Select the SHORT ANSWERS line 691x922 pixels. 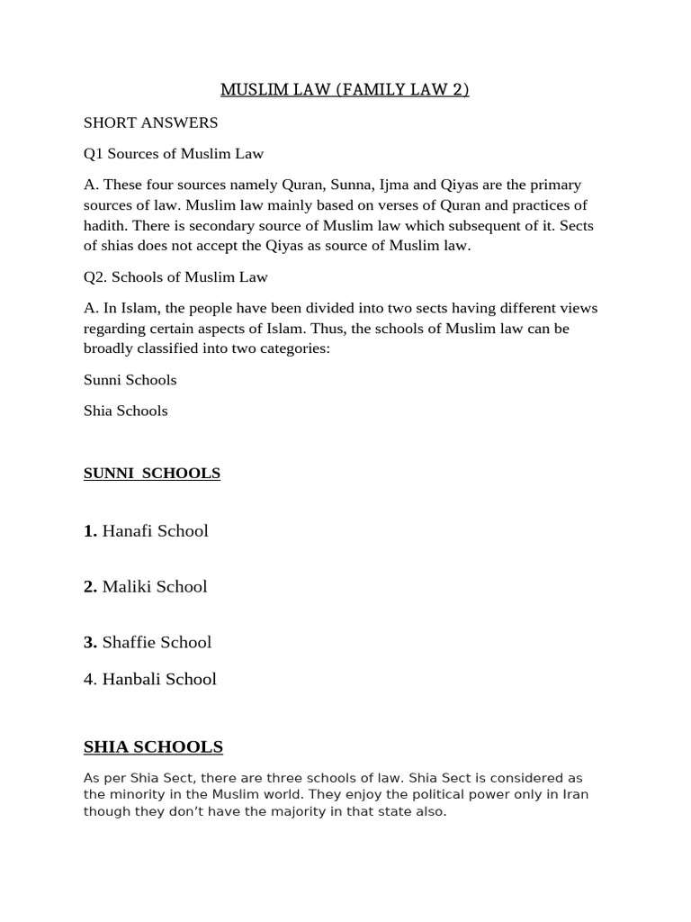(150, 122)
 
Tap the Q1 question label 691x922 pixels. (94, 153)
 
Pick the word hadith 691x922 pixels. (106, 225)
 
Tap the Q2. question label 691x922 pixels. (97, 276)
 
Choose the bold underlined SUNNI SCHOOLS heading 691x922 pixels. (152, 474)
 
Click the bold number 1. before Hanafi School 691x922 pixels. (91, 531)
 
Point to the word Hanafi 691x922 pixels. (127, 531)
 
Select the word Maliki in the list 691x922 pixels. (127, 587)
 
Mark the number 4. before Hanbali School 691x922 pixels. (90, 680)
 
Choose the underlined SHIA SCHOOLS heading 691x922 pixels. (153, 747)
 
